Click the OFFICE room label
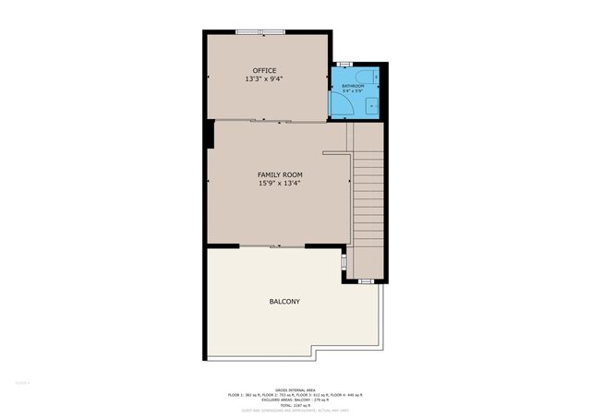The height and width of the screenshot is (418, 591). point(265,70)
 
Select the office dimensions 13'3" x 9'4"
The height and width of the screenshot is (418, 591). point(265,79)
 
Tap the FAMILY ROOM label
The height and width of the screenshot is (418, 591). point(280,174)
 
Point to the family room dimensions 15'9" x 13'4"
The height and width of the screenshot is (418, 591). point(280,184)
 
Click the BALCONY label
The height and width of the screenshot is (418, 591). point(284,302)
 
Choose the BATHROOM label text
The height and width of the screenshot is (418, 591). point(353,87)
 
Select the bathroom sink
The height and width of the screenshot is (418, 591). point(372,105)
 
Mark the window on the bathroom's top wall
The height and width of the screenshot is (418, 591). point(344,64)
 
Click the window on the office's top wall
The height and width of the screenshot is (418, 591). point(260,32)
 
